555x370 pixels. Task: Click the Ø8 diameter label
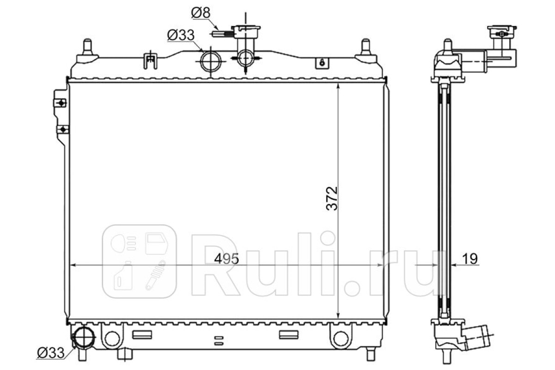point(201,12)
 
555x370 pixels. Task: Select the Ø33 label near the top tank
point(181,36)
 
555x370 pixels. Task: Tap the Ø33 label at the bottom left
point(51,352)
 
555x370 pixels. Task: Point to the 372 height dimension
point(332,198)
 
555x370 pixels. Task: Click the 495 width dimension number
point(227,259)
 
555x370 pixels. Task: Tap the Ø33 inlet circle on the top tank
point(210,61)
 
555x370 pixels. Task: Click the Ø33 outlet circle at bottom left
point(83,337)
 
